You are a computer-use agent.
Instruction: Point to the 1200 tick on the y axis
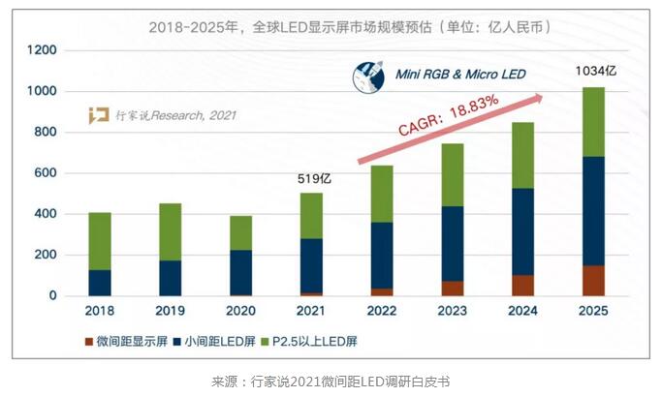point(44,50)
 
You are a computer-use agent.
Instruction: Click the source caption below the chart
point(331,382)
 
